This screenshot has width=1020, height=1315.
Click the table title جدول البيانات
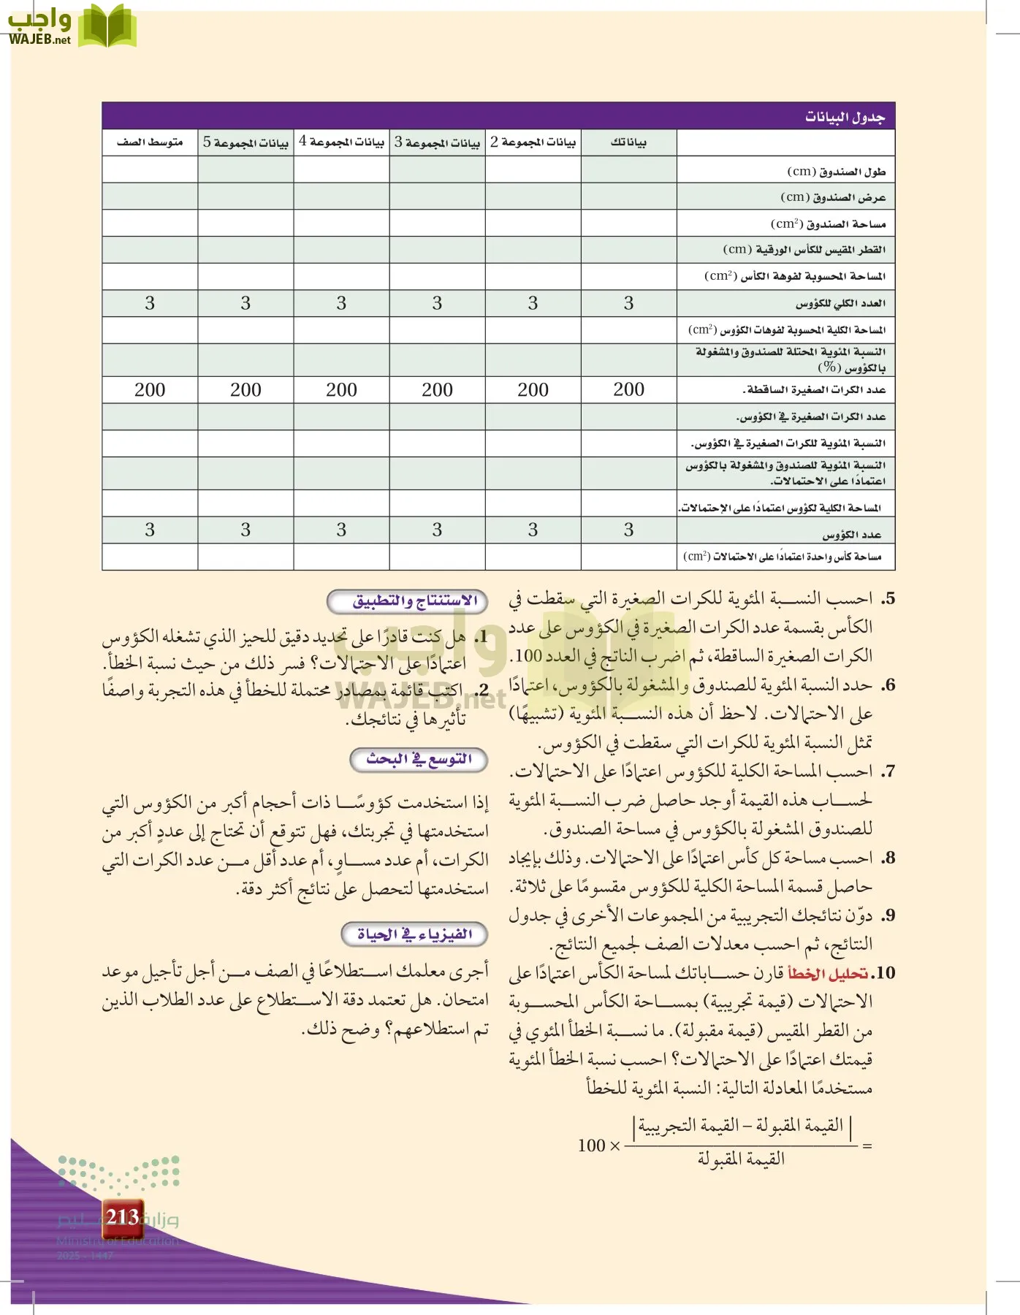[x=845, y=118]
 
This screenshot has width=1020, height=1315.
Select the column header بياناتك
[x=628, y=142]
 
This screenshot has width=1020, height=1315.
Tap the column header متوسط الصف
[x=150, y=142]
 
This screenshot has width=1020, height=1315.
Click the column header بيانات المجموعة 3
[x=437, y=142]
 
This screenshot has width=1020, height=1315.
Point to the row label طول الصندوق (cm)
[x=836, y=172]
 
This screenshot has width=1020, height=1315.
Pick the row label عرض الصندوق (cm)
[x=833, y=197]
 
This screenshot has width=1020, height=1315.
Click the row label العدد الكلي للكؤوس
[x=840, y=303]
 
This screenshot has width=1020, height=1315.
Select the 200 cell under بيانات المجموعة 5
[x=246, y=390]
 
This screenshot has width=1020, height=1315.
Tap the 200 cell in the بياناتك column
[x=628, y=390]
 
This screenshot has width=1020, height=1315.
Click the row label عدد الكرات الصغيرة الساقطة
[x=814, y=390]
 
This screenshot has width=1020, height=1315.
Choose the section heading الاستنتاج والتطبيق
[x=415, y=601]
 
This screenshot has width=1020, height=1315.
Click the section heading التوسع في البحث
[x=419, y=760]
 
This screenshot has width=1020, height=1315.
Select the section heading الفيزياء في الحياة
[x=414, y=934]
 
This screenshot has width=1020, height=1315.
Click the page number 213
[x=122, y=1217]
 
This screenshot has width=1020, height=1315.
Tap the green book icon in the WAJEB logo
[x=107, y=26]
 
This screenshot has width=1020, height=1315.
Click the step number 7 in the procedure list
[x=887, y=771]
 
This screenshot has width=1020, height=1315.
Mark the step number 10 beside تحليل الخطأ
[x=884, y=974]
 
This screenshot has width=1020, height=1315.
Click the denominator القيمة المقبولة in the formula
[x=741, y=1159]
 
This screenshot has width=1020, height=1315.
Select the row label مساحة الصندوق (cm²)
[x=828, y=224]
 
